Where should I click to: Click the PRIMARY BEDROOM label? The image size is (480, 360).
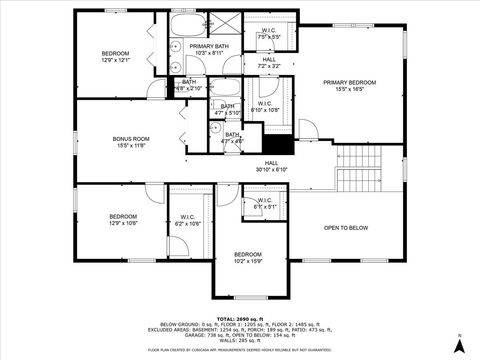click(349, 82)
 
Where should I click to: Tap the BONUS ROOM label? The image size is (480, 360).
click(130, 139)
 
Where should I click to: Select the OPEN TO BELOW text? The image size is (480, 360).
click(345, 228)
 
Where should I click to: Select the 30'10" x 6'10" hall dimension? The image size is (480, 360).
click(272, 169)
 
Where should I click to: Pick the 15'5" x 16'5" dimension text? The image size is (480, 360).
click(349, 89)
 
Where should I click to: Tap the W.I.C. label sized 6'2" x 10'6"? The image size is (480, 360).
click(188, 217)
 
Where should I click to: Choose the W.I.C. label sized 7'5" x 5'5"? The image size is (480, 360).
click(269, 31)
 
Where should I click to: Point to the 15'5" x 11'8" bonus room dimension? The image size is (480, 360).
click(130, 146)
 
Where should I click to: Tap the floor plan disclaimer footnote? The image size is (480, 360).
click(240, 350)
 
